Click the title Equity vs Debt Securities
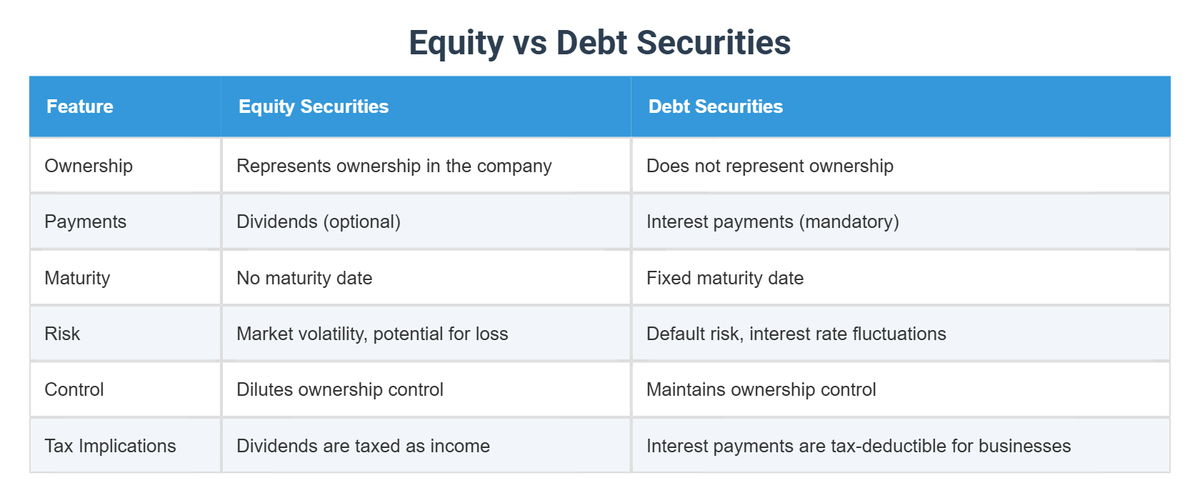599,43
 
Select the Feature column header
80,106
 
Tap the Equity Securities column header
314,106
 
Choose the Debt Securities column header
715,106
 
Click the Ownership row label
89,166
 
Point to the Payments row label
85,221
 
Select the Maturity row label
77,278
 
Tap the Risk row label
62,334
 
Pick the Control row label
74,389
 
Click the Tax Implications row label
110,446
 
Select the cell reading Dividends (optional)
319,221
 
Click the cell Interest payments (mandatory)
772,221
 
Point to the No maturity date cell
304,278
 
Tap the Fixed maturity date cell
724,278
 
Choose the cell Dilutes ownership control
340,389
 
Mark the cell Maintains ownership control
761,389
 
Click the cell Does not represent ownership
769,166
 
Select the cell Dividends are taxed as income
363,446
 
